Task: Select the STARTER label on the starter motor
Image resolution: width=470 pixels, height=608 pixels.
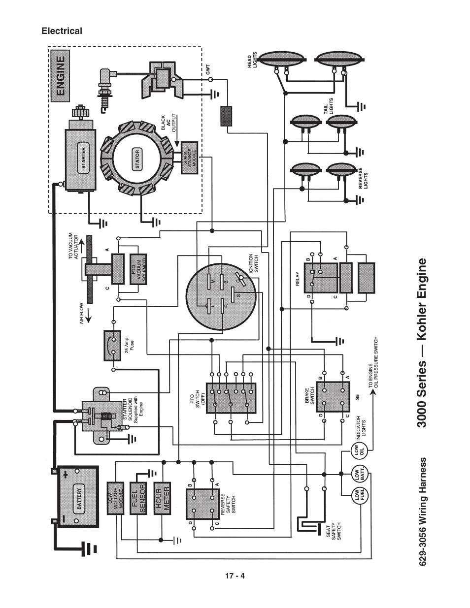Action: pyautogui.click(x=83, y=159)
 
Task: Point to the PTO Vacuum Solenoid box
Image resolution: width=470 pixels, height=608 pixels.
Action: pyautogui.click(x=138, y=269)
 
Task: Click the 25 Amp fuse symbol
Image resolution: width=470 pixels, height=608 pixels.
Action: pyautogui.click(x=113, y=346)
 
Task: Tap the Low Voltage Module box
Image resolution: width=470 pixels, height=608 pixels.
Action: pyautogui.click(x=116, y=498)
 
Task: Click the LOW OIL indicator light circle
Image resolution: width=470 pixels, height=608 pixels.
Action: pyautogui.click(x=358, y=449)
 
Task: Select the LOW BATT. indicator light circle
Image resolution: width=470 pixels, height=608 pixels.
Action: pyautogui.click(x=358, y=474)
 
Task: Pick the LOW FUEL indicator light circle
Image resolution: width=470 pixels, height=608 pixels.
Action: pyautogui.click(x=358, y=497)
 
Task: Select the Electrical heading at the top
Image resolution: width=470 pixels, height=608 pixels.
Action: pyautogui.click(x=62, y=31)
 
